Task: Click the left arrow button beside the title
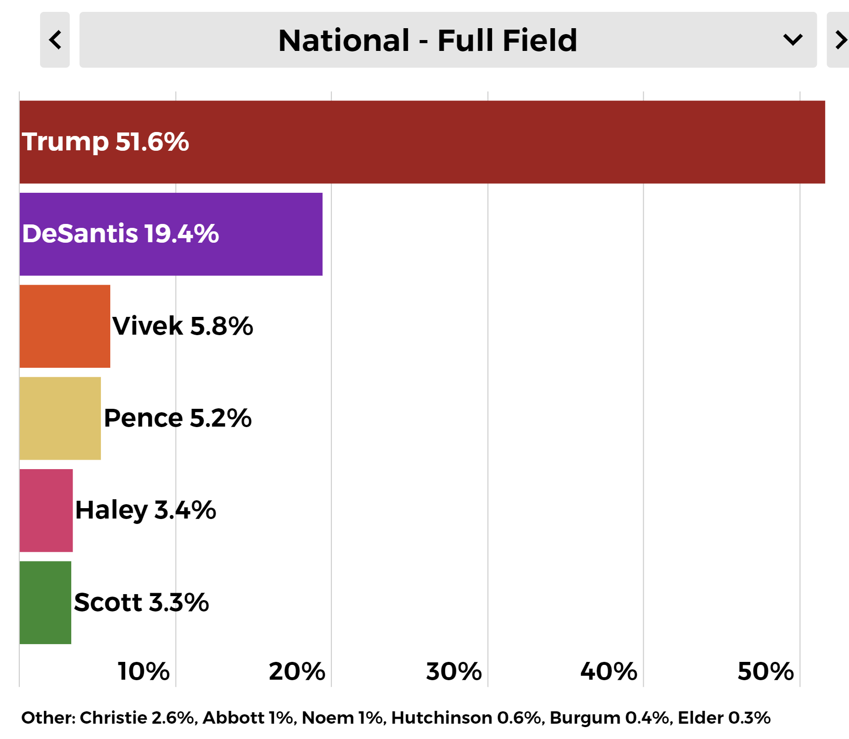click(55, 40)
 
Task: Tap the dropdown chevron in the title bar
click(792, 40)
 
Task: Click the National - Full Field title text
click(428, 40)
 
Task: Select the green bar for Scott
click(45, 602)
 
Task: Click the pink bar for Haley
click(46, 510)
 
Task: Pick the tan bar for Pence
click(60, 418)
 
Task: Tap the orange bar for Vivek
click(65, 326)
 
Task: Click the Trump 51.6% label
click(105, 142)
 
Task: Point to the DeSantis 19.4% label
click(120, 234)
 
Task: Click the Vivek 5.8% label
click(182, 326)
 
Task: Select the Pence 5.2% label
click(178, 418)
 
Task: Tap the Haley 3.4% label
click(145, 510)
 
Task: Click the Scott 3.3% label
click(141, 603)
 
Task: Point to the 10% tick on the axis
click(143, 671)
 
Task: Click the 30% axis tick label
click(454, 671)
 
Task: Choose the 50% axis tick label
click(765, 671)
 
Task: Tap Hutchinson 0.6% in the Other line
click(468, 718)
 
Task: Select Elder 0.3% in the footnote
click(724, 718)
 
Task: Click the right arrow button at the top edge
click(840, 40)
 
